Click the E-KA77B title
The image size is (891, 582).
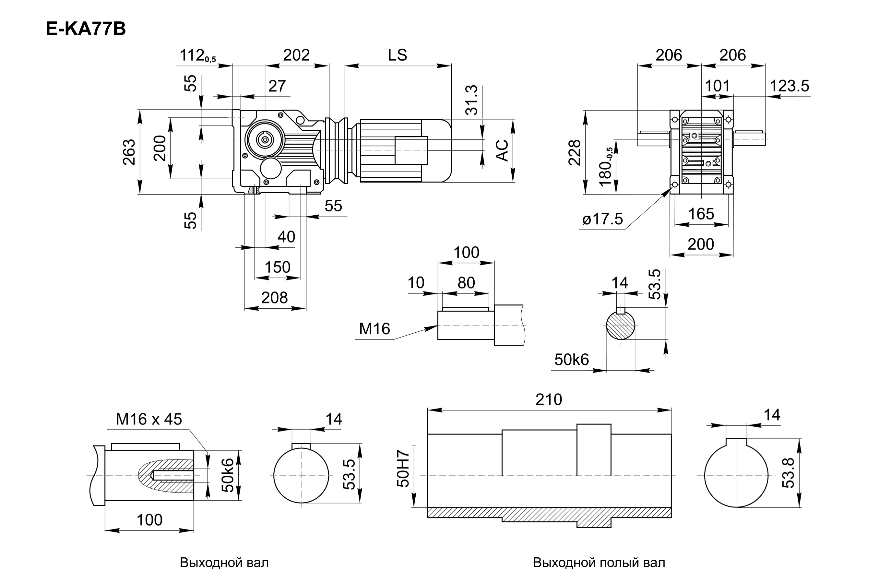[x=86, y=29]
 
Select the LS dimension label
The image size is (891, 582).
[x=397, y=55]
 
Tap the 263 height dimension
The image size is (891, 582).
[x=129, y=152]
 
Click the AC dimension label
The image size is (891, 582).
[x=503, y=150]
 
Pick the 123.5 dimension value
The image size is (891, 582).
[x=789, y=86]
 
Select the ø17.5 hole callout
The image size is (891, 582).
[x=602, y=219]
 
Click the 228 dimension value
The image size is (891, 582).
[x=575, y=152]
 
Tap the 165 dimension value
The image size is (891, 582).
[x=701, y=214]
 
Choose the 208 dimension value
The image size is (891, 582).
[x=274, y=298]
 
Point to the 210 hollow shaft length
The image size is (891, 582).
[x=549, y=400]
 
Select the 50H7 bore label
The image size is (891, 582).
[x=403, y=468]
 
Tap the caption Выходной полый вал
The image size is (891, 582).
[x=599, y=563]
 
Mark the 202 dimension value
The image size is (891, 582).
[x=296, y=55]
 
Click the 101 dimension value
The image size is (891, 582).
[x=717, y=86]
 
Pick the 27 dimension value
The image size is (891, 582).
[x=277, y=86]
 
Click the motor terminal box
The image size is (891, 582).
[x=411, y=150]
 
